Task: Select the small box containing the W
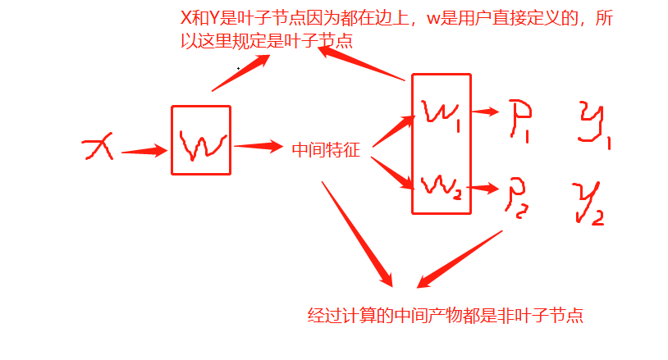(x=200, y=140)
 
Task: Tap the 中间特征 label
(x=326, y=149)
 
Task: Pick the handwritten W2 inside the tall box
(x=441, y=187)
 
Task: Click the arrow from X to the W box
(x=144, y=150)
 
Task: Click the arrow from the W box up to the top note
(x=238, y=73)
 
